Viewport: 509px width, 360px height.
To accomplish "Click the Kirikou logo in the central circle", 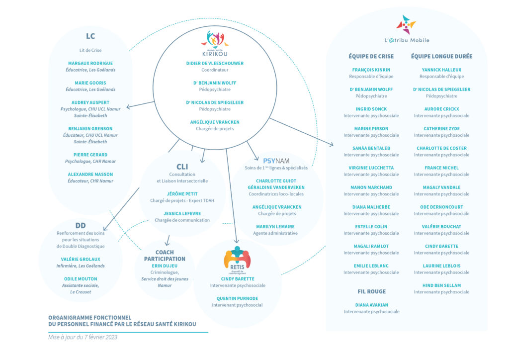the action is (215, 43).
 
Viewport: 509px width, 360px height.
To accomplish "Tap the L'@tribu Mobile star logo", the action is (406, 25).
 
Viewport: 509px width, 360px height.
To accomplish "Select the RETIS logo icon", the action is (237, 260).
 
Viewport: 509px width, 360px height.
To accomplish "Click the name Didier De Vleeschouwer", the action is (215, 63).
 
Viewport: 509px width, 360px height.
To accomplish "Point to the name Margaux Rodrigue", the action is (90, 63).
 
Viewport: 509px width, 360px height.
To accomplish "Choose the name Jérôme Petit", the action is (182, 194).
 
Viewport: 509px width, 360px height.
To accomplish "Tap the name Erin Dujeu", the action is (165, 266).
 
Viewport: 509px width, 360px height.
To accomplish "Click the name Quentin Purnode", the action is (237, 298).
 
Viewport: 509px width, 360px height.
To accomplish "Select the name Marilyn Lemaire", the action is (275, 227).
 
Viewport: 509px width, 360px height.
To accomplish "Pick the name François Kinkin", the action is (371, 70).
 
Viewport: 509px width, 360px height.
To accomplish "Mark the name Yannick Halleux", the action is (441, 70).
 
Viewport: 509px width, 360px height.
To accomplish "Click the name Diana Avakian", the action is (372, 305).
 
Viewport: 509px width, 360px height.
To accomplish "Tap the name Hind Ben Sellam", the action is (441, 285).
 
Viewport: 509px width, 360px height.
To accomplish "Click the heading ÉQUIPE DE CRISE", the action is (371, 57).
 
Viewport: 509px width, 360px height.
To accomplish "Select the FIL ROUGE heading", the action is (372, 291).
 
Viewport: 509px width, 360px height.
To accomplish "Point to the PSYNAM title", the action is (276, 161).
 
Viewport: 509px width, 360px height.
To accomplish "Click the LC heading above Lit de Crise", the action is (90, 36).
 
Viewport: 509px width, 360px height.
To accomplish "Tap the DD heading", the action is (81, 226).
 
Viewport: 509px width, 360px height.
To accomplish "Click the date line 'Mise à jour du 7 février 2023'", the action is (83, 337).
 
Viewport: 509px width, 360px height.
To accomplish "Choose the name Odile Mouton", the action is (81, 279).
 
